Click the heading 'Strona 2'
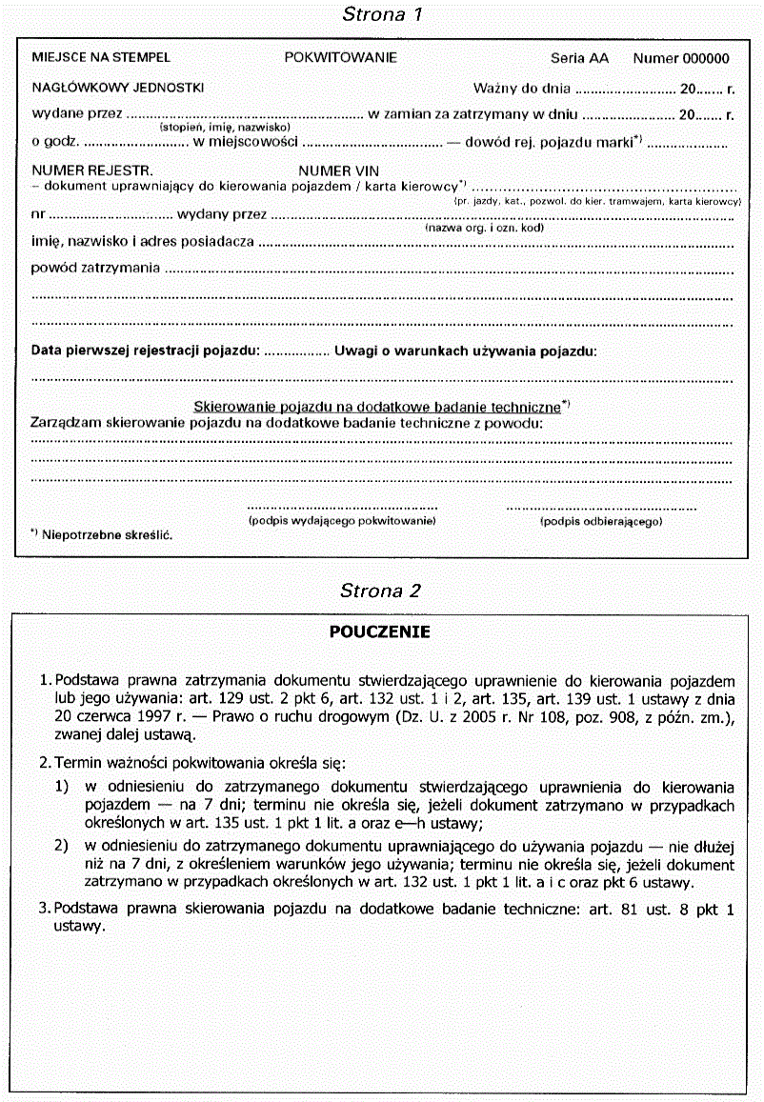pos(380,591)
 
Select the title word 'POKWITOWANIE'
pos(340,58)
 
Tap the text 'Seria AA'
pos(579,58)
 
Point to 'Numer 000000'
pos(681,58)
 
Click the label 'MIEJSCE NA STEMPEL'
pos(101,58)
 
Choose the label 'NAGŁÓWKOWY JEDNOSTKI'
pos(118,88)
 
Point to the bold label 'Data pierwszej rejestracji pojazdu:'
pos(146,351)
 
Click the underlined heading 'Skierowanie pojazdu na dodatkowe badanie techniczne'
pos(377,406)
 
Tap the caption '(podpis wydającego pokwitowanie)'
pos(342,522)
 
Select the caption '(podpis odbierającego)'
pos(601,522)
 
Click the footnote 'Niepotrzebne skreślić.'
pos(107,536)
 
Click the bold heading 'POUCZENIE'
pos(380,631)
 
